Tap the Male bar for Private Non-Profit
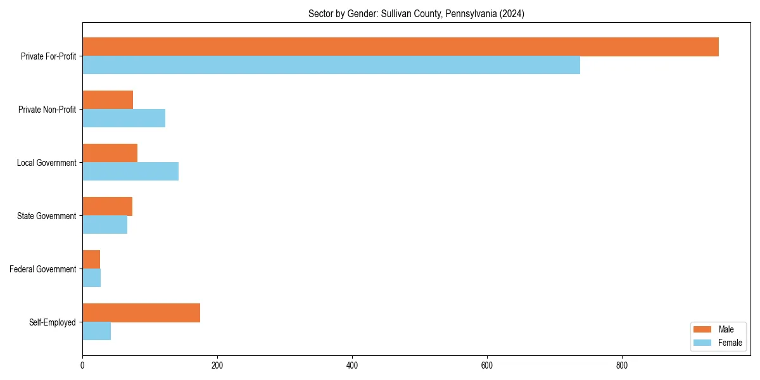108,100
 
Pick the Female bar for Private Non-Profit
123,118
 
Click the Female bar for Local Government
130,172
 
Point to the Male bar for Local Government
110,153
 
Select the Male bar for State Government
107,206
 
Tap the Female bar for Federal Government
91,278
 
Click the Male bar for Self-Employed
141,313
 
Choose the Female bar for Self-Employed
96,331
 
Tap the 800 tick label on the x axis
622,365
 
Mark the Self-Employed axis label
52,322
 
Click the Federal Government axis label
42,269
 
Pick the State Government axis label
46,216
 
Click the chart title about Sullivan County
416,13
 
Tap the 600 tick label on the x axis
487,365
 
